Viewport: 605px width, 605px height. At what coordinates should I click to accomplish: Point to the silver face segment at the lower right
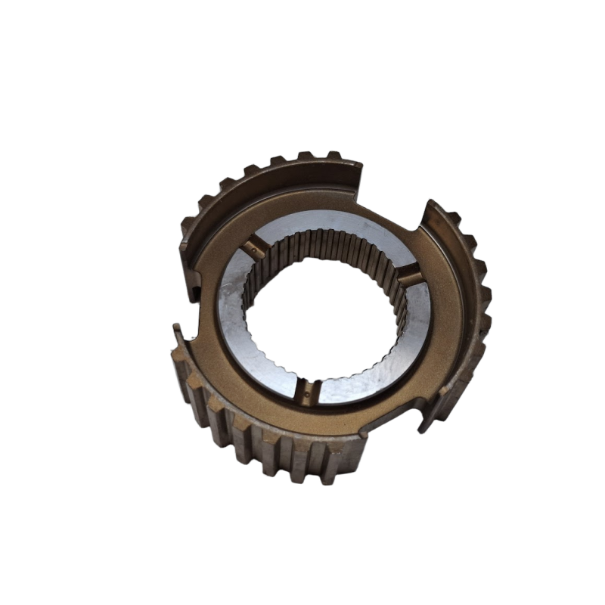(x=393, y=355)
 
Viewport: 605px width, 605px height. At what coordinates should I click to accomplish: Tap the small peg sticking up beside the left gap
(x=175, y=329)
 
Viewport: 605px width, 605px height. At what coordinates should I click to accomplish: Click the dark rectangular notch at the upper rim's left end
(x=194, y=286)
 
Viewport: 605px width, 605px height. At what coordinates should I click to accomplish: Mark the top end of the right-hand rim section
(x=433, y=208)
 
